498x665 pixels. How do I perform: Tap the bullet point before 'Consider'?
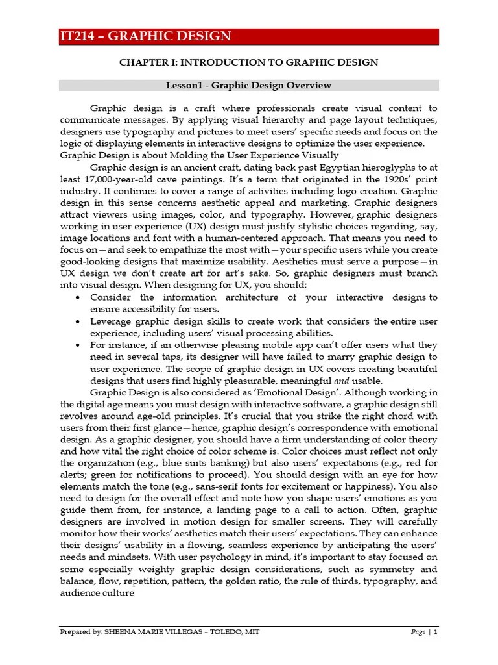(x=78, y=297)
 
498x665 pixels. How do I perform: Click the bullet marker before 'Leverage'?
(x=78, y=322)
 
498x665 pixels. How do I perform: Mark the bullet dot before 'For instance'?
(x=78, y=345)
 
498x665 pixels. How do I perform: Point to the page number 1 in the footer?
(x=436, y=631)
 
